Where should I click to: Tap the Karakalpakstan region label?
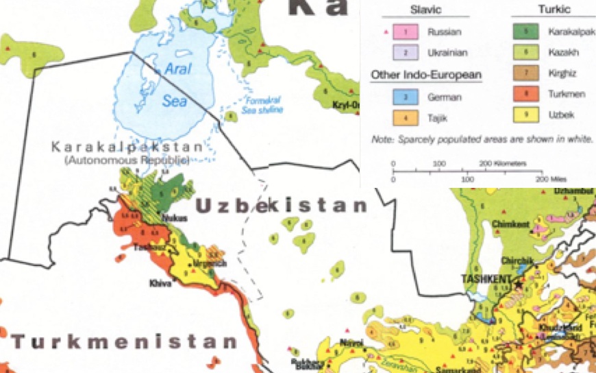click(127, 147)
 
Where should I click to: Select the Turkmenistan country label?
click(123, 341)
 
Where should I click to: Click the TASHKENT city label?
click(486, 279)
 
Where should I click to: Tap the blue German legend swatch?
click(406, 97)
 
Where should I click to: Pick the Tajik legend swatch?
click(406, 118)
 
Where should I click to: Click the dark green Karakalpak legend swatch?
click(526, 32)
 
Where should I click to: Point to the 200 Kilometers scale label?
click(502, 164)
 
